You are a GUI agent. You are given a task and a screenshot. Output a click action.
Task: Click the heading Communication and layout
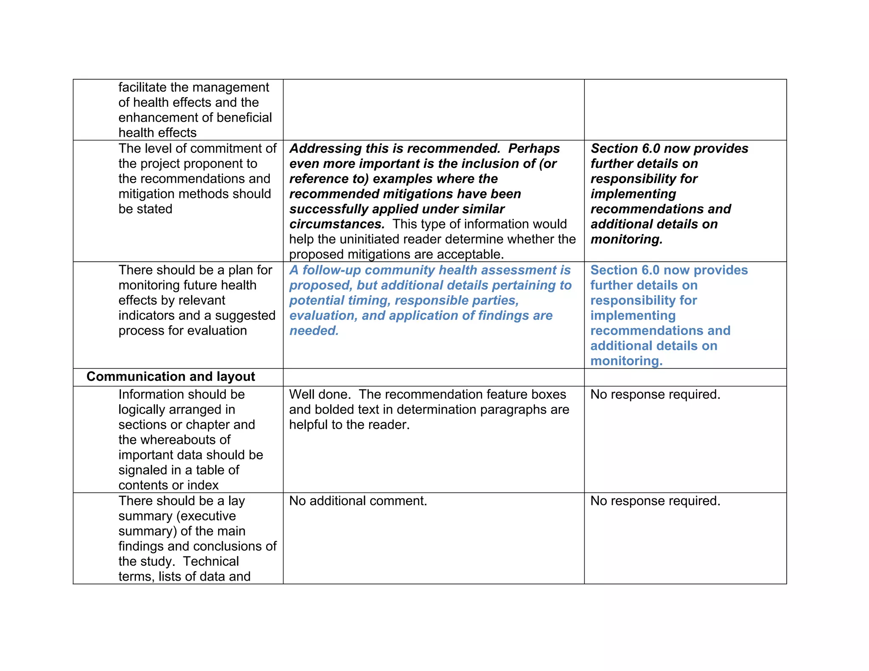(171, 377)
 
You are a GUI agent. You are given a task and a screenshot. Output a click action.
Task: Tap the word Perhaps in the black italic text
(534, 148)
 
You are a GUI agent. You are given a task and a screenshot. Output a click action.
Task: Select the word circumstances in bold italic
(337, 224)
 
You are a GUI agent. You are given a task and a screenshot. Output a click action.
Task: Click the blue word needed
(314, 331)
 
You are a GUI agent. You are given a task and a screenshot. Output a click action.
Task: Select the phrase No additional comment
(358, 501)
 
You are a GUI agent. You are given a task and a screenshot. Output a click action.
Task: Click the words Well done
(320, 394)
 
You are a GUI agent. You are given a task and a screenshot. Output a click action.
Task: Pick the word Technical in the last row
(211, 562)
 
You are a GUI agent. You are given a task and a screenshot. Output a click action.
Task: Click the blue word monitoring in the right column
(626, 361)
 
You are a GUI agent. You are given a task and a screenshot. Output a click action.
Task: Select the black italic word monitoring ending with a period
(626, 240)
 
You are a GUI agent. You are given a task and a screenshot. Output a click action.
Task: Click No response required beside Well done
(655, 394)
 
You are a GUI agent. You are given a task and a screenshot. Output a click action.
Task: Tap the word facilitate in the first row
(142, 87)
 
